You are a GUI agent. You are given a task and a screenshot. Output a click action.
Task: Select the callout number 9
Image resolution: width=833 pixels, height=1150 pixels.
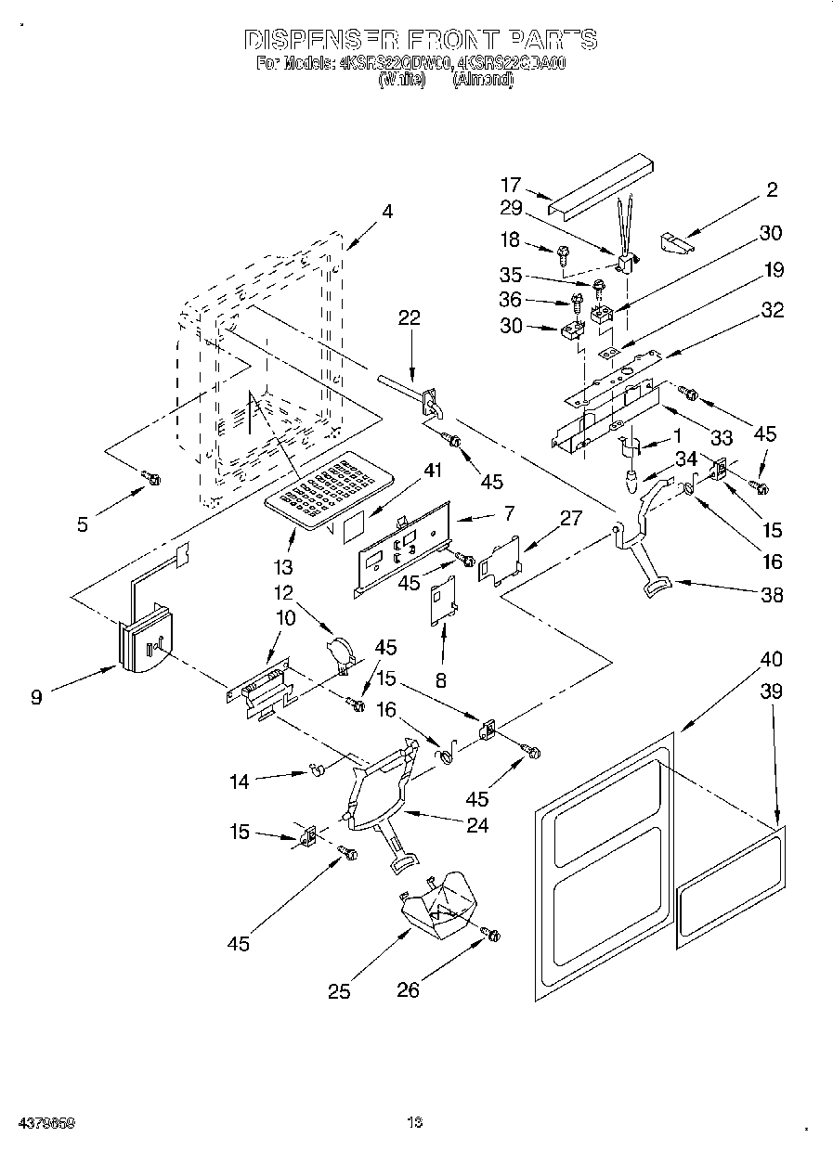(x=36, y=696)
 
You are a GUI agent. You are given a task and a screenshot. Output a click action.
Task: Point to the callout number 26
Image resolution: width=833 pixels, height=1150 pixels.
(x=409, y=990)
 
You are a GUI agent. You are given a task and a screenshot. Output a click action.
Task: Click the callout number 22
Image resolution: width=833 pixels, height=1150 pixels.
(x=410, y=318)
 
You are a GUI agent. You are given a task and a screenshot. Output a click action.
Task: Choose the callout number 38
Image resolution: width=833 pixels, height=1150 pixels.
(x=771, y=595)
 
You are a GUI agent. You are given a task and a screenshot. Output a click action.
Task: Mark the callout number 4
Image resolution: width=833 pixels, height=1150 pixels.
(x=387, y=212)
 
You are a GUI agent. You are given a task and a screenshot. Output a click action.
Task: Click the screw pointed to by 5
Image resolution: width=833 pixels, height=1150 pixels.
(x=150, y=478)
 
